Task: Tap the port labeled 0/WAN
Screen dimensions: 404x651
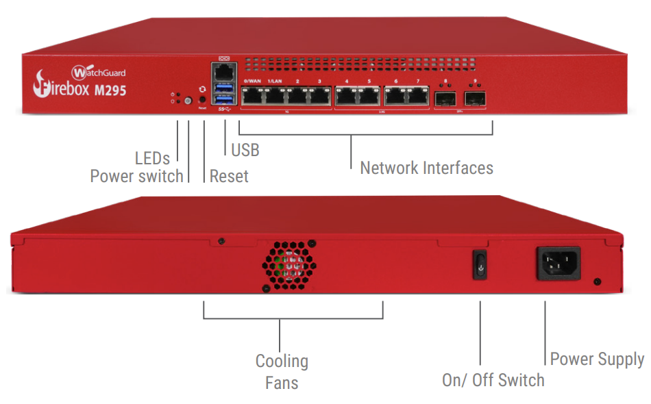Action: pyautogui.click(x=253, y=96)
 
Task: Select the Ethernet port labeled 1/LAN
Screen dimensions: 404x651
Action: pyautogui.click(x=275, y=96)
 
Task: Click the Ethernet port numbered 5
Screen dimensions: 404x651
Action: pyautogui.click(x=369, y=96)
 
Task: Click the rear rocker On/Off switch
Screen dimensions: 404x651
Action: pyautogui.click(x=480, y=264)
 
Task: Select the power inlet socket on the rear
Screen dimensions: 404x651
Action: pyautogui.click(x=558, y=263)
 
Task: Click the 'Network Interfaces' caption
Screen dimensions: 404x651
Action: pyautogui.click(x=426, y=168)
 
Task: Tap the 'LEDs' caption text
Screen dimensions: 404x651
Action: pyautogui.click(x=152, y=158)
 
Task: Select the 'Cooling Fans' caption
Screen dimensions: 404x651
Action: pyautogui.click(x=282, y=371)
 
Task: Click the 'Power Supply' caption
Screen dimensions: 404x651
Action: pyautogui.click(x=597, y=359)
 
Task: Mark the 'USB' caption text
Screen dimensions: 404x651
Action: pyautogui.click(x=245, y=149)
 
